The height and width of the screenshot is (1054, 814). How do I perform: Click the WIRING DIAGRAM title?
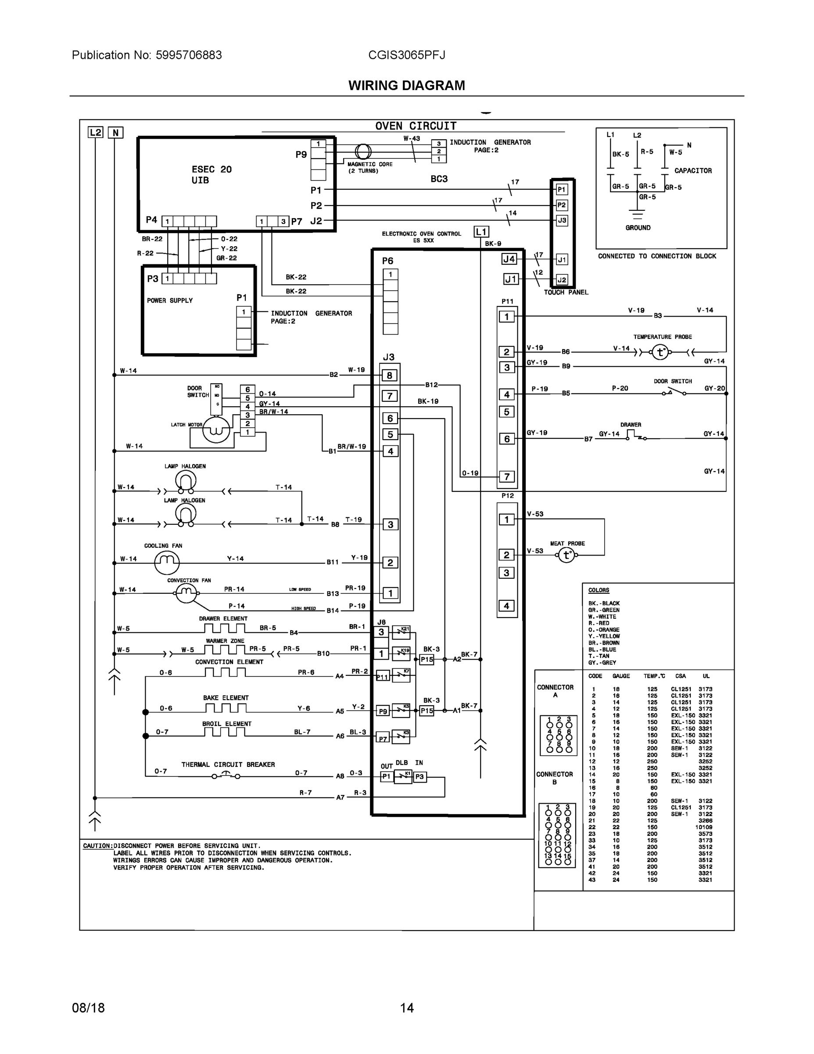(x=406, y=86)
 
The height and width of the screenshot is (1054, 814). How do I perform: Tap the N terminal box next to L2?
(x=115, y=133)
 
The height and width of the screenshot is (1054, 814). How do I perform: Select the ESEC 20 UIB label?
(x=211, y=175)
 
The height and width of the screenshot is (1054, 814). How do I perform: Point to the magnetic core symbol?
(x=362, y=152)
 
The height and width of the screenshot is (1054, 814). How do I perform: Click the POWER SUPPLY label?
(x=170, y=301)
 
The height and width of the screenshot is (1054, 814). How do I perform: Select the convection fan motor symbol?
(x=186, y=592)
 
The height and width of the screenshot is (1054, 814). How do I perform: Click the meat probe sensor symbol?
(x=567, y=556)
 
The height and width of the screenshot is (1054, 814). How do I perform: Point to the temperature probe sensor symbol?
(x=660, y=352)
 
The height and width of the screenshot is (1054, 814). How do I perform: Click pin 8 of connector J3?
(x=390, y=375)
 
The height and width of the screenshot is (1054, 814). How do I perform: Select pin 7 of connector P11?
(x=506, y=477)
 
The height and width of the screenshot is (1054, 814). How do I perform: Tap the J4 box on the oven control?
(x=509, y=259)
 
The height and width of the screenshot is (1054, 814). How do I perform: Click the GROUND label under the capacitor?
(x=638, y=228)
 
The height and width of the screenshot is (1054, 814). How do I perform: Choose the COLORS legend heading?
(x=599, y=590)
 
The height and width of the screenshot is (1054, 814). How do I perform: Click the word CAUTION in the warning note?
(x=97, y=846)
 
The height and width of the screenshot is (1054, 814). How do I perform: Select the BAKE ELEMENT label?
(x=226, y=698)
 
